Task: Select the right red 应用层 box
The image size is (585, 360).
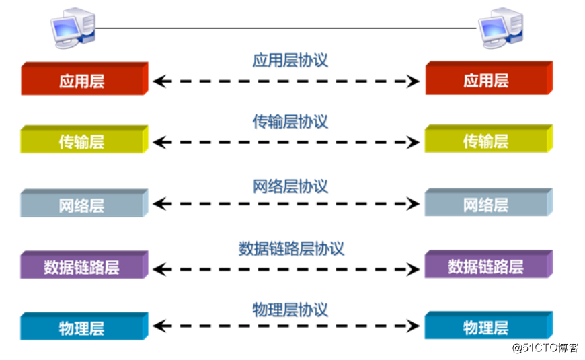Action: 487,80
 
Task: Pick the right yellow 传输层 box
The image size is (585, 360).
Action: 487,141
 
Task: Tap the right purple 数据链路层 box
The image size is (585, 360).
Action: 487,266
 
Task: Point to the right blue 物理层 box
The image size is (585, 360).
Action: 487,328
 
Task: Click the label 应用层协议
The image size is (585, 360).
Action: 290,60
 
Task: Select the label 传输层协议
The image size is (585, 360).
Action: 290,122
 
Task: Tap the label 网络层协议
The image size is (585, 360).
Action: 290,186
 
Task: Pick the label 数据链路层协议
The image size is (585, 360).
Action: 290,248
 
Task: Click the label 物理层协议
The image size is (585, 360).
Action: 290,310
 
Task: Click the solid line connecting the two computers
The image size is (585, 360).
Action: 286,28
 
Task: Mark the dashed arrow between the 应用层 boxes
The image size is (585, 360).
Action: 286,82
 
